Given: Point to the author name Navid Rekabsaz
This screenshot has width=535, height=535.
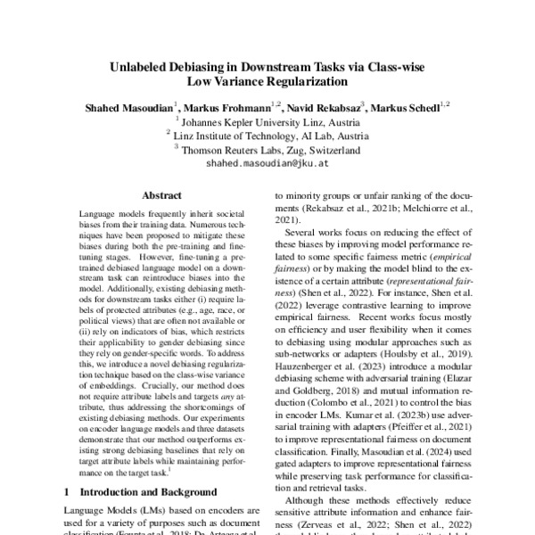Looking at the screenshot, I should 319,108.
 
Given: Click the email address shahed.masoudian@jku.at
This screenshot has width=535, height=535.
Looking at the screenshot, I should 267,165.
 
